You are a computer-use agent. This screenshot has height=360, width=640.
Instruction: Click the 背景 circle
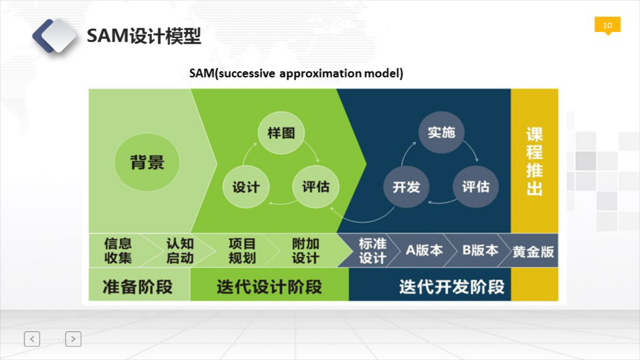(x=147, y=162)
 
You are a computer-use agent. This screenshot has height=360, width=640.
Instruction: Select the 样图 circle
(x=281, y=133)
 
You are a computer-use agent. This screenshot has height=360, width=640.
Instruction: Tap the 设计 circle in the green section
(x=246, y=187)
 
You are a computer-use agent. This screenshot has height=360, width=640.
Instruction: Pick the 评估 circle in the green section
(x=316, y=187)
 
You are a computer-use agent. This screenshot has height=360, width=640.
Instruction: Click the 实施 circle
(x=442, y=133)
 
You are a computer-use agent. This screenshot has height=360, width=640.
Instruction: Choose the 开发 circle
(x=406, y=187)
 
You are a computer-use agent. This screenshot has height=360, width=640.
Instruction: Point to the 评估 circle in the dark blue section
(x=476, y=187)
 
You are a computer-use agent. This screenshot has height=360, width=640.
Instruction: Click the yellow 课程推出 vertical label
(x=534, y=161)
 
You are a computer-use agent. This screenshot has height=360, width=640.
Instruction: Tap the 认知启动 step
(x=180, y=251)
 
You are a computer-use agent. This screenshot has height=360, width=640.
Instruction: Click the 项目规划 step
(x=242, y=251)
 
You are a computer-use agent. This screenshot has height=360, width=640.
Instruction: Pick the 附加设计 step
(x=306, y=251)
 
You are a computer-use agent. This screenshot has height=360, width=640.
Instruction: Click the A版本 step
(x=423, y=251)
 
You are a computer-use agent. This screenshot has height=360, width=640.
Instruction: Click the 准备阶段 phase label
(x=138, y=286)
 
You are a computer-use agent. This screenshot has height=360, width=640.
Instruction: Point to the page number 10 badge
(x=607, y=26)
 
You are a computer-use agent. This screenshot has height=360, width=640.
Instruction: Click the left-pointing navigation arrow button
(x=32, y=339)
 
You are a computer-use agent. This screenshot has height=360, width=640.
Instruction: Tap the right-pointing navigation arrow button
(x=73, y=339)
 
